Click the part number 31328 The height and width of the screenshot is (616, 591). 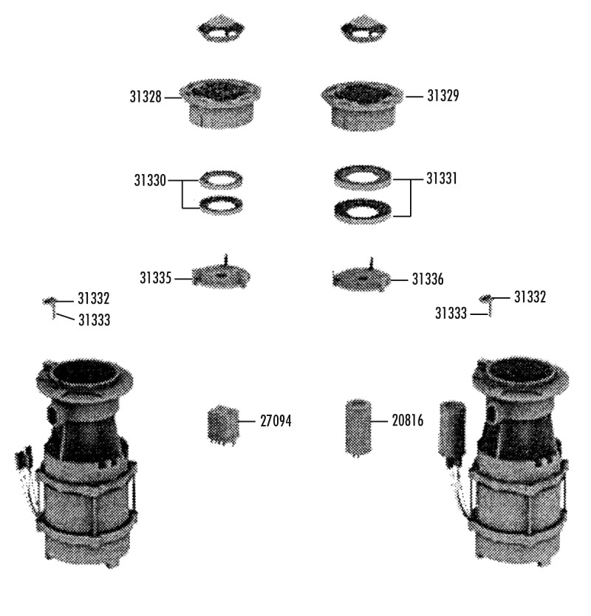[146, 97]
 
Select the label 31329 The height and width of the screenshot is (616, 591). [443, 95]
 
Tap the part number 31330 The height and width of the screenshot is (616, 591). [150, 180]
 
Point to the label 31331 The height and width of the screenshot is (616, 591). [442, 179]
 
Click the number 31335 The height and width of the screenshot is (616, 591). [156, 278]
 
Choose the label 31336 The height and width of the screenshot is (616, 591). [428, 280]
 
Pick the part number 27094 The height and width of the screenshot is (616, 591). [276, 421]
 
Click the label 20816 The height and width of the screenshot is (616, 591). [408, 421]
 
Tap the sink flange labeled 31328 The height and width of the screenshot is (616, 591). [220, 103]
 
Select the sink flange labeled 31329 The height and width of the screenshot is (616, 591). [362, 105]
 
